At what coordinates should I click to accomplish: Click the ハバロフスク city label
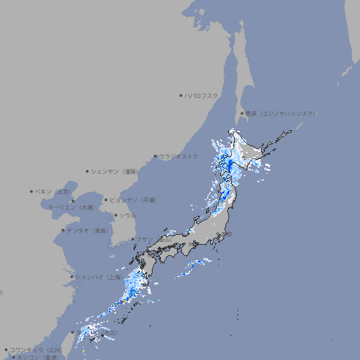[x=202, y=95]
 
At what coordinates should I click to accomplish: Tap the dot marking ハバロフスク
[x=181, y=95]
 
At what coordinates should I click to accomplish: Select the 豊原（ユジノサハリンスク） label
[x=280, y=113]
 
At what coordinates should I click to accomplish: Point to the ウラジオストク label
[x=179, y=156]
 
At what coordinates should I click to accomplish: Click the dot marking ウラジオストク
[x=155, y=156]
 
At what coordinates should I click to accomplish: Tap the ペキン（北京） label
[x=54, y=191]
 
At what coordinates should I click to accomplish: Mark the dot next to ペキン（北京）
[x=32, y=191]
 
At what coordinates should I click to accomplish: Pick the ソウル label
[x=127, y=215]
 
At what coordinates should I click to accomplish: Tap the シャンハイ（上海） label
[x=98, y=276]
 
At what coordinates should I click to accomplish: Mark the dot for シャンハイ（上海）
[x=72, y=276]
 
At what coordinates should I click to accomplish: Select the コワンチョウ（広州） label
[x=36, y=349]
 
